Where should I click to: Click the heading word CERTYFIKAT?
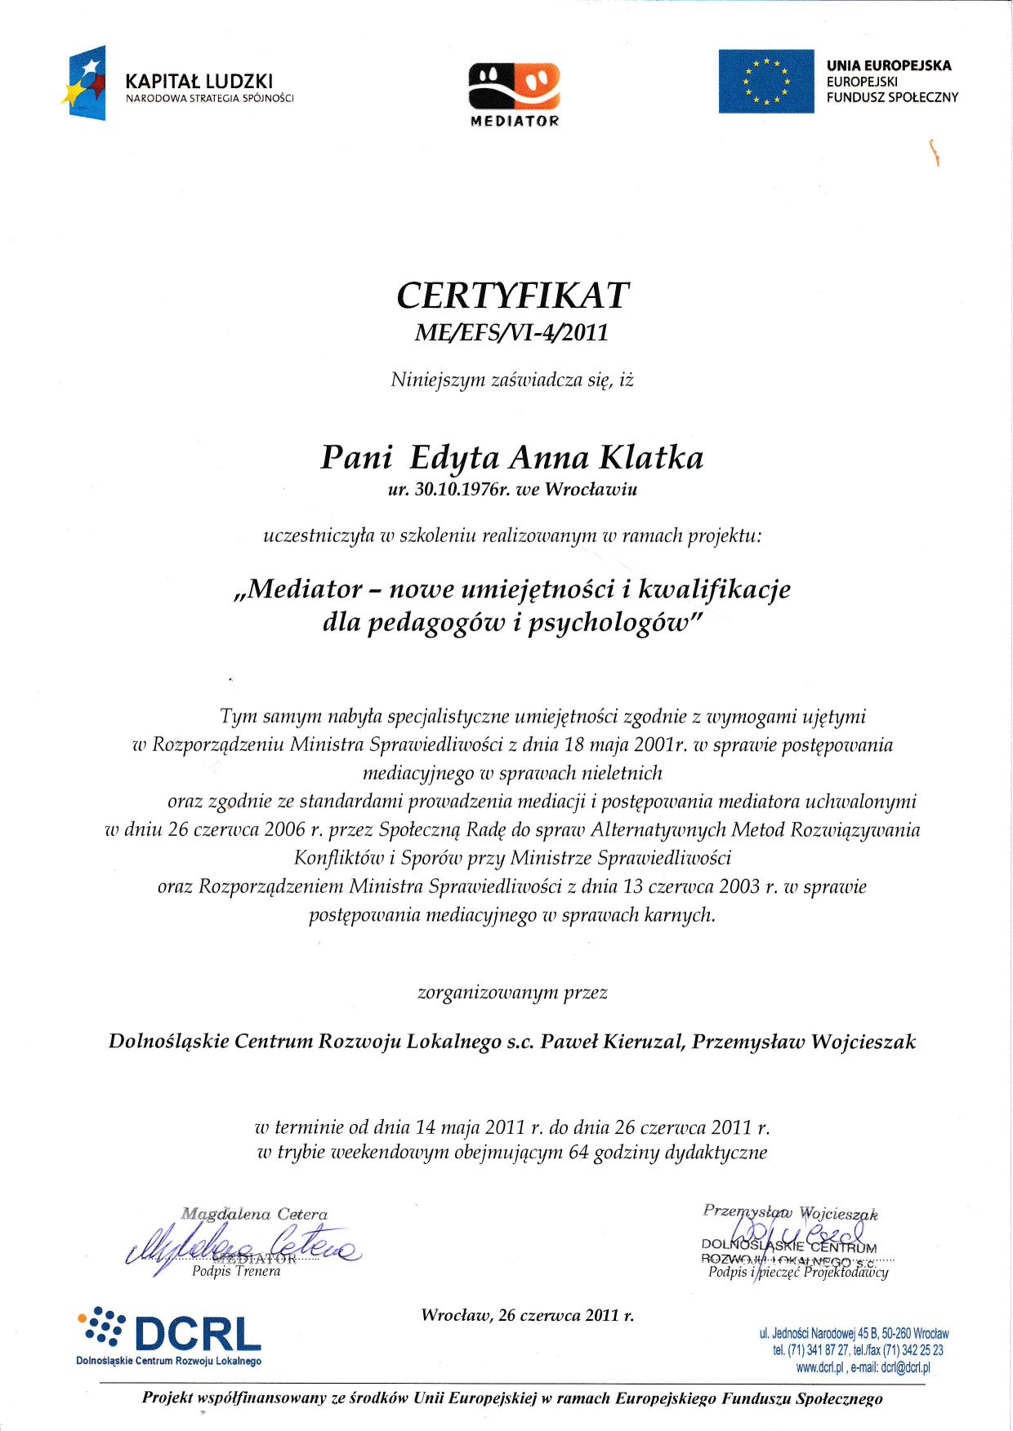point(512,296)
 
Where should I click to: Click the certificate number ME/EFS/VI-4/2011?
point(512,333)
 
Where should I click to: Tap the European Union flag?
point(765,81)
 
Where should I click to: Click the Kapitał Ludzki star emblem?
point(84,82)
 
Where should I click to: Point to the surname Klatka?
point(651,457)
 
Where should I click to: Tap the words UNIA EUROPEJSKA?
point(889,65)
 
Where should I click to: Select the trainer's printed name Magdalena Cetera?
point(254,1214)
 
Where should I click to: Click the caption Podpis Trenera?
point(236,1271)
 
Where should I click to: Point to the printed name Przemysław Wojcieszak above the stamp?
point(790,1212)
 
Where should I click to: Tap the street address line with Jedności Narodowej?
point(854,1333)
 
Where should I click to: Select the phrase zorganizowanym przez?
point(512,993)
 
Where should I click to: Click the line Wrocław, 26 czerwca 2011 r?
point(527,1315)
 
